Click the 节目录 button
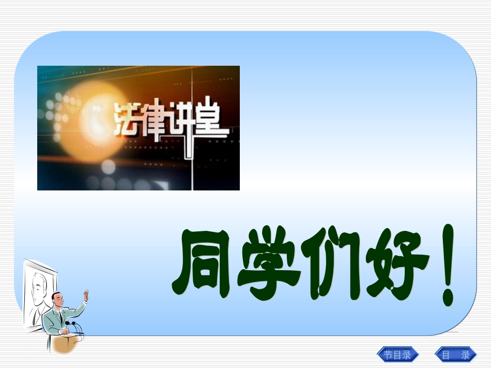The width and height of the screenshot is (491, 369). [x=397, y=355]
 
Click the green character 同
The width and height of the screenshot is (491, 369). [x=201, y=265]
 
